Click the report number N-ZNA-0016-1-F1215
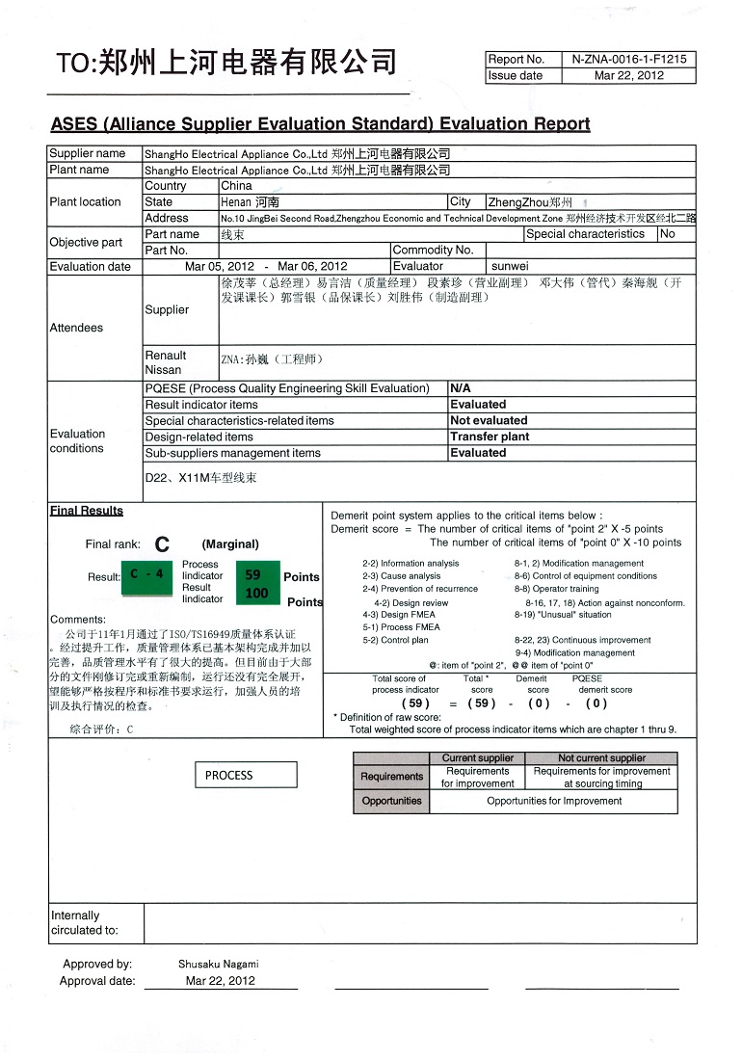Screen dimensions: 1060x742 point(629,59)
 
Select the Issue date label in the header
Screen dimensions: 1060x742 point(516,75)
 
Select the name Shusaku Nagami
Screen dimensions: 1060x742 point(219,964)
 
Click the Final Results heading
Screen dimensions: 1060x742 point(87,511)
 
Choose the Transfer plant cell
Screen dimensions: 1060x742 point(490,437)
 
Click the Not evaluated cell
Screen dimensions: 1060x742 point(489,420)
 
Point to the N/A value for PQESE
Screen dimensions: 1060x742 point(461,388)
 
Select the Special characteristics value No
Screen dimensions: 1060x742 point(668,234)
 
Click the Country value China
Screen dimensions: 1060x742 point(236,186)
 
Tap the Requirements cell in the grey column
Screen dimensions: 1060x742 point(391,777)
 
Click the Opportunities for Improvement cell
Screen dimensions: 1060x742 point(553,801)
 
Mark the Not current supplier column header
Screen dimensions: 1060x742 point(601,758)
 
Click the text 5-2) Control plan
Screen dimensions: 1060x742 point(395,640)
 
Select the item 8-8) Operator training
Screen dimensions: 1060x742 point(556,589)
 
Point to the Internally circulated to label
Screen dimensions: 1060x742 point(85,922)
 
